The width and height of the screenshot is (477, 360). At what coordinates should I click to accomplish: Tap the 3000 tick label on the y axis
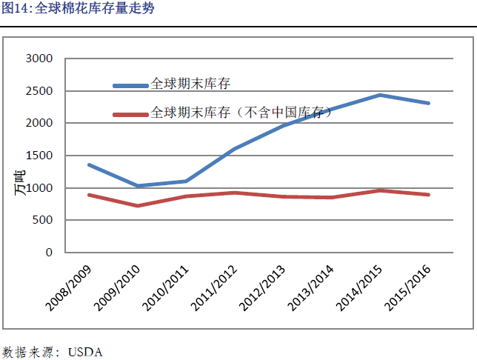[39, 59]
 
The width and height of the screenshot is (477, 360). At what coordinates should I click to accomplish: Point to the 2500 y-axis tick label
[39, 91]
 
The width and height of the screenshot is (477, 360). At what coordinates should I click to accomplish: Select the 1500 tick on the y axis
[39, 156]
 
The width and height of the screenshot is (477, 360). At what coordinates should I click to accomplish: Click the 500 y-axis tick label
[42, 220]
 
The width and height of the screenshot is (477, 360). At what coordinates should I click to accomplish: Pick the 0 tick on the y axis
[49, 253]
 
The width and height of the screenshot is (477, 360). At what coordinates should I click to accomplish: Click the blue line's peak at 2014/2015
[379, 95]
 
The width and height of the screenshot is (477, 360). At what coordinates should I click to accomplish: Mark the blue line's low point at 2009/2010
[138, 186]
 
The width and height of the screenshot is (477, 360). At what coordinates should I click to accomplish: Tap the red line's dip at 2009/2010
[138, 205]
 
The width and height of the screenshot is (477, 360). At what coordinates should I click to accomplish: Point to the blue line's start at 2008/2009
[89, 164]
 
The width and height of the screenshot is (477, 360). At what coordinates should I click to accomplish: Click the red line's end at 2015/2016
[428, 195]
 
